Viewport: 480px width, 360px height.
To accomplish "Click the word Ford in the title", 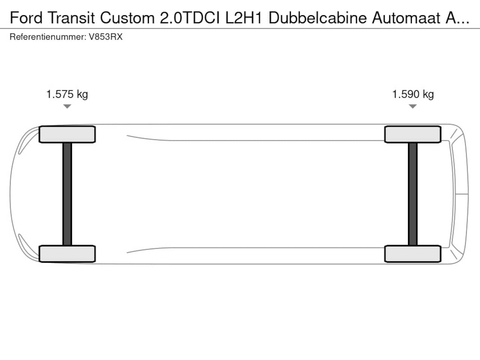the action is point(26,18).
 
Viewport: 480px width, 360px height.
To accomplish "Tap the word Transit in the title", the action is point(71,18).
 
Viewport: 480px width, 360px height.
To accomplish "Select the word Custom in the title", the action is point(127,18).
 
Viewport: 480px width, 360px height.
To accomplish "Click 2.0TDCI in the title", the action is point(190,18).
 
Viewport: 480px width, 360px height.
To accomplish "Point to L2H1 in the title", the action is point(244,18).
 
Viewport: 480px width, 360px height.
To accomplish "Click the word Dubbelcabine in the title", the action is point(318,18).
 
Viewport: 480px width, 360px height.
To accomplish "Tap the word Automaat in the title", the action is point(406,18).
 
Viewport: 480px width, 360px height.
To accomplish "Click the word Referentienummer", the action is point(48,37).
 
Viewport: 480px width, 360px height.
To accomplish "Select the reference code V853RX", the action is point(106,37).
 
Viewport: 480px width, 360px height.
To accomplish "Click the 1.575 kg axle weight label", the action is point(67,94).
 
